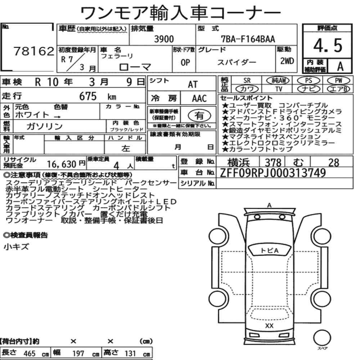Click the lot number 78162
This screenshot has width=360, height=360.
tap(34, 51)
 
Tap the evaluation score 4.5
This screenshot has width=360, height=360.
tap(328, 45)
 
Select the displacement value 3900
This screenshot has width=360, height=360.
tap(164, 39)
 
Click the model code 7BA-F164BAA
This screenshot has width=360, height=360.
tap(248, 39)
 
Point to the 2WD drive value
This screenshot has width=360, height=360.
tap(287, 61)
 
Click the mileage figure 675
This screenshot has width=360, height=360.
tap(88, 96)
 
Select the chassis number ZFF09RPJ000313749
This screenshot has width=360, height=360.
tap(273, 173)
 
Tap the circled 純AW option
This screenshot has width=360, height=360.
tap(278, 80)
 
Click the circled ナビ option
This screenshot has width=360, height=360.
tap(309, 89)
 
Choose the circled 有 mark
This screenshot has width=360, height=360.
tap(199, 116)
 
